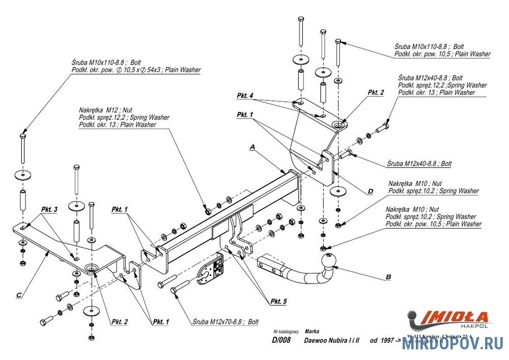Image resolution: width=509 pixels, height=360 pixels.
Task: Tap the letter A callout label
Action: pos(251,147)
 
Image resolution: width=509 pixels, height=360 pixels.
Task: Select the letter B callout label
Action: pos(388,277)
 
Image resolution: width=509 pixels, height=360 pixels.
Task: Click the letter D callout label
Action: pos(371,191)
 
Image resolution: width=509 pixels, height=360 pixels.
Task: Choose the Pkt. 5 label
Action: pos(278,301)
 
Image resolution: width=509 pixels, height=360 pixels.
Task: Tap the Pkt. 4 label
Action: pos(245,96)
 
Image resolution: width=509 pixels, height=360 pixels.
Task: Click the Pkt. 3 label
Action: pos(49,209)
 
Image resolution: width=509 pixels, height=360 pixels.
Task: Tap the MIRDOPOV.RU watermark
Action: pos(453,345)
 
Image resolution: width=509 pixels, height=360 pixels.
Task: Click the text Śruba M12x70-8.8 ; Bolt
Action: pos(226,322)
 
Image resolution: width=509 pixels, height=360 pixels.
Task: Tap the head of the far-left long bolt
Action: pos(22,136)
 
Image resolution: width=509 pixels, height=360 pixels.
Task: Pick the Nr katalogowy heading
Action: pos(285,330)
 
